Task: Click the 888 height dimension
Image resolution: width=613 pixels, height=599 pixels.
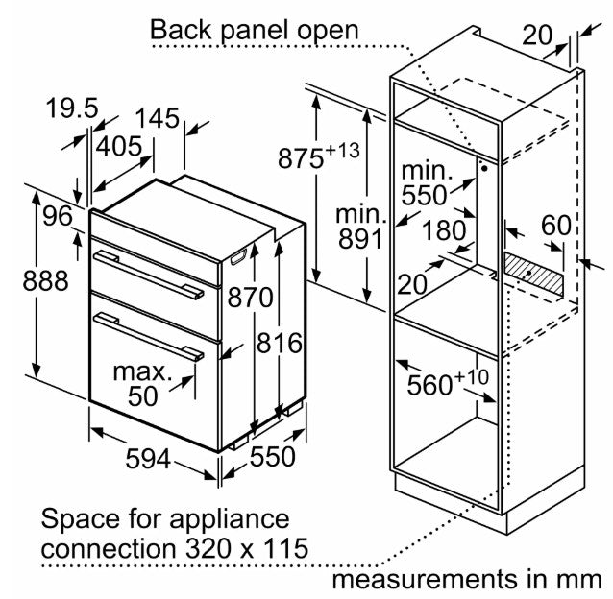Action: point(45,280)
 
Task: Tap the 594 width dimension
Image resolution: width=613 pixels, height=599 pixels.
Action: point(148,459)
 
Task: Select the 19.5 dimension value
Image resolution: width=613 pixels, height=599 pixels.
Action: point(72,108)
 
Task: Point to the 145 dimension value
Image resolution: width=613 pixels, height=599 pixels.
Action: point(158,118)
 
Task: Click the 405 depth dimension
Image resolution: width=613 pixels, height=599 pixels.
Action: point(119,147)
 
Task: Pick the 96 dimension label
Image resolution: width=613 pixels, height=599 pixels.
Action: point(58,216)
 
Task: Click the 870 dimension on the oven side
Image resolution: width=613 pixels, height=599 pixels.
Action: point(250,298)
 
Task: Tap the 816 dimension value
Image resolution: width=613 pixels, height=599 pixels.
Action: point(280,344)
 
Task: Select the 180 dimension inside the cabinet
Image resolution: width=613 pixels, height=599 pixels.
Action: point(444,230)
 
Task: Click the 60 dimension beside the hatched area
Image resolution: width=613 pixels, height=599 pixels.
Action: point(556,226)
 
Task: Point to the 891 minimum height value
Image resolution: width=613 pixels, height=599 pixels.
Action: point(360,239)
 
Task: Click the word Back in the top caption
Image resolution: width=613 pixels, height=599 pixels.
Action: point(182,30)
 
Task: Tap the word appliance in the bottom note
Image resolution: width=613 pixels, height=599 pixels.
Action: point(229,520)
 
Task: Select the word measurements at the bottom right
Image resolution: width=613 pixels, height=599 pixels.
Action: point(425,579)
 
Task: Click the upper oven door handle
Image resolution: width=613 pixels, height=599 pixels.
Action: point(149,275)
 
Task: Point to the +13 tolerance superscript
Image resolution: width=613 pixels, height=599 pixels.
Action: point(342,150)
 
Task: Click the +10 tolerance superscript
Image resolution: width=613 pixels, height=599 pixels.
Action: point(472,377)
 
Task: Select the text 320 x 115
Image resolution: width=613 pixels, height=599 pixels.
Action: point(247,548)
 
